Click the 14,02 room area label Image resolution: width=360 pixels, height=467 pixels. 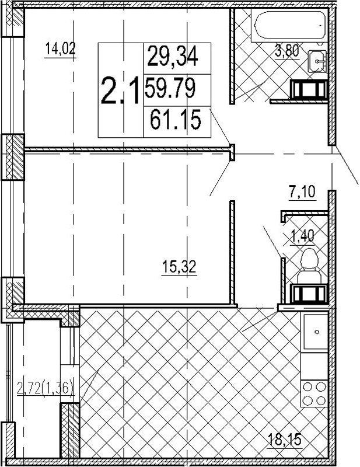point(61,49)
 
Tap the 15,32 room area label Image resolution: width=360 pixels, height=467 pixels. point(179,267)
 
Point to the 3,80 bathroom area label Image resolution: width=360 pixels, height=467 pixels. point(287,52)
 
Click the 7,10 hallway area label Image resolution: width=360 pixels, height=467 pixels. point(302,191)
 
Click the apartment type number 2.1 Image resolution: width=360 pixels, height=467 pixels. point(120,90)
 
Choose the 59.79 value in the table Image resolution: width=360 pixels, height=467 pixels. point(170,88)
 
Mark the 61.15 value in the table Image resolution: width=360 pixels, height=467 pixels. point(176,120)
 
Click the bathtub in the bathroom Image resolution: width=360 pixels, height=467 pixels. point(289,25)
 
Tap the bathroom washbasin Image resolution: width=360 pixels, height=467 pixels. point(317,61)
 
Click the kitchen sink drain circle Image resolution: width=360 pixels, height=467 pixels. point(316,332)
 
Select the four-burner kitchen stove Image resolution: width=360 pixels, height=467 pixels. point(314,393)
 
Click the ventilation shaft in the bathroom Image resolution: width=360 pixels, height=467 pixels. point(309,89)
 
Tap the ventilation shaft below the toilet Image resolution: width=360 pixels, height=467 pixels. point(309,294)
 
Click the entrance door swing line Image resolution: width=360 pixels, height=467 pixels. point(347,165)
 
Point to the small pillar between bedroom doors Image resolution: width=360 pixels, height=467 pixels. point(232,152)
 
